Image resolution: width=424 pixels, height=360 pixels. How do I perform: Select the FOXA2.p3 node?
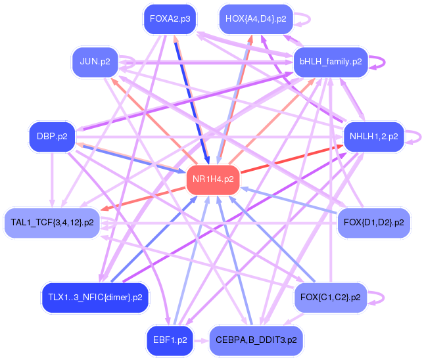[170, 18]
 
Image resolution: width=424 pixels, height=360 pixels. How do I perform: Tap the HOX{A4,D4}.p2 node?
[255, 18]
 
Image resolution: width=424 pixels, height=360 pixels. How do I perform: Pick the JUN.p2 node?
[95, 62]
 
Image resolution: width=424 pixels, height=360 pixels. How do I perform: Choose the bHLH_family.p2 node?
[331, 62]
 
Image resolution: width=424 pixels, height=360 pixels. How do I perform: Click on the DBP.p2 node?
[52, 137]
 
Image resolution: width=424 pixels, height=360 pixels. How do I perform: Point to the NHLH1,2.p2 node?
[373, 137]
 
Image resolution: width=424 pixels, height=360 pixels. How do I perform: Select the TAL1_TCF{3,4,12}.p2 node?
[52, 223]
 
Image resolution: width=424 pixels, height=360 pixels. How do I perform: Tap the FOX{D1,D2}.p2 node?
[373, 223]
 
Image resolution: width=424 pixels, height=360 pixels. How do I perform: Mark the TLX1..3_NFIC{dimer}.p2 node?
[95, 298]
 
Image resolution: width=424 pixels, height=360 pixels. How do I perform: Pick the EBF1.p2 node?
[169, 340]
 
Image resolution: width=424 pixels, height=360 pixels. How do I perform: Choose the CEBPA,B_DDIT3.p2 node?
[256, 340]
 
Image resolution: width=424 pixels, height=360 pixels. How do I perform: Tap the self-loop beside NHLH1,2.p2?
[414, 137]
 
